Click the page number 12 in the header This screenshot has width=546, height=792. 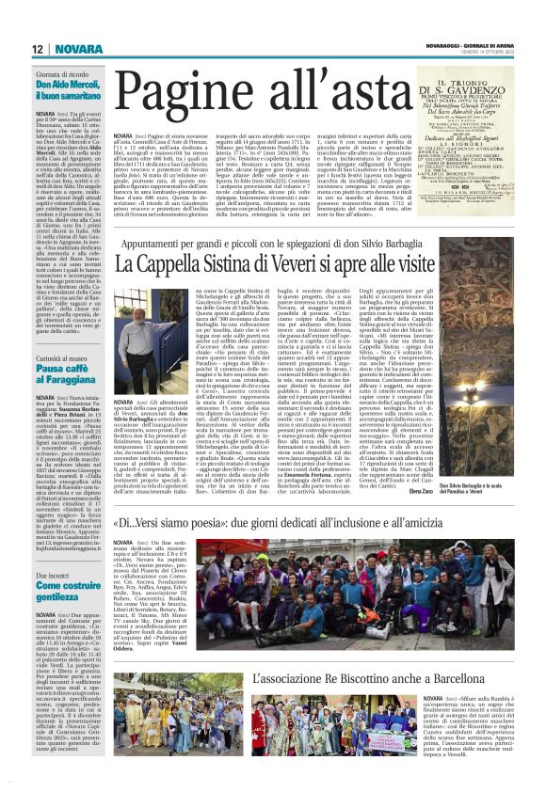tap(38, 48)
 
